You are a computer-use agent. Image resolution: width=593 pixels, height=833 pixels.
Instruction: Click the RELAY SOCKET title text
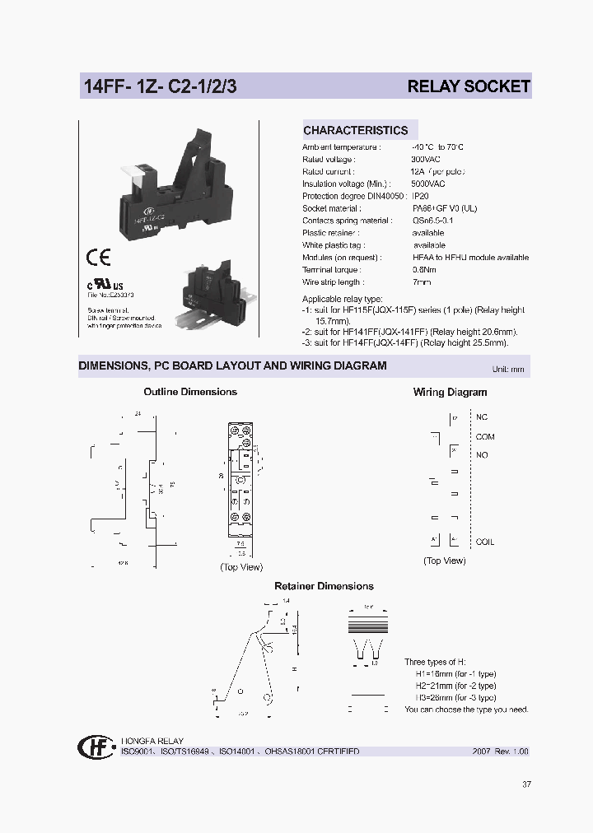(x=469, y=86)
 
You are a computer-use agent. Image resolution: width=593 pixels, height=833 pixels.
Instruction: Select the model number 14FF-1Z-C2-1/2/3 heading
(x=160, y=86)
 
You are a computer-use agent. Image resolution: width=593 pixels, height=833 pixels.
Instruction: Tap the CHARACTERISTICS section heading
(x=355, y=130)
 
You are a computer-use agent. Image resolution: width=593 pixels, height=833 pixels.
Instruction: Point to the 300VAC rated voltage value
(x=426, y=159)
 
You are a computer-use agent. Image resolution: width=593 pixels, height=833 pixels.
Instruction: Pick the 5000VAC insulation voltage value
(x=428, y=184)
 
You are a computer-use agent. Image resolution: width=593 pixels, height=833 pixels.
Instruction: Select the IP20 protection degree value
(x=420, y=196)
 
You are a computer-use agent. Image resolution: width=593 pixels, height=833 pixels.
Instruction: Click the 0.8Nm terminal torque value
(x=423, y=269)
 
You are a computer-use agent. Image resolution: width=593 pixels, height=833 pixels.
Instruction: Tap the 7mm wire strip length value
(x=421, y=282)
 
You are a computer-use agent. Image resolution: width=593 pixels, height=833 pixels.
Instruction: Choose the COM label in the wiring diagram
(x=484, y=437)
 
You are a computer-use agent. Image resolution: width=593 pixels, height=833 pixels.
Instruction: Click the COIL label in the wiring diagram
(x=484, y=542)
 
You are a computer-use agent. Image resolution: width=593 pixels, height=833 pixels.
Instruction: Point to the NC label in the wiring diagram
(x=482, y=417)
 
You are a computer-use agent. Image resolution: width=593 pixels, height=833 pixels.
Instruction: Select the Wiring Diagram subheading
(x=450, y=393)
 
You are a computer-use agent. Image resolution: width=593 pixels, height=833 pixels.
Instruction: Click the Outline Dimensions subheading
(x=190, y=392)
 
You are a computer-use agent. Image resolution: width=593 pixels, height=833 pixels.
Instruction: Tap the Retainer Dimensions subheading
(x=324, y=586)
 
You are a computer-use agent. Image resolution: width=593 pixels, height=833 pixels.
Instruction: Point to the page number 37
(x=526, y=784)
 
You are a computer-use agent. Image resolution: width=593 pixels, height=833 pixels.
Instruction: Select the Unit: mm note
(x=507, y=370)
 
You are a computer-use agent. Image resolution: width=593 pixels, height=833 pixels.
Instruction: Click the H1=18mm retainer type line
(x=455, y=673)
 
